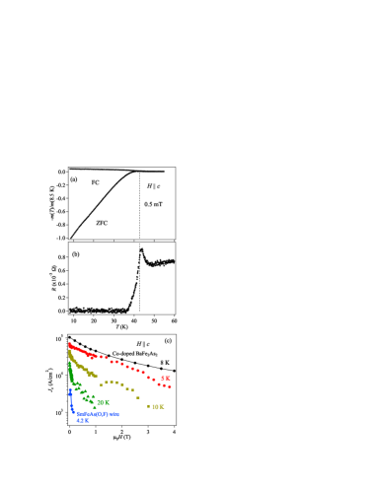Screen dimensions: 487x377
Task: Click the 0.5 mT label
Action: pos(152,204)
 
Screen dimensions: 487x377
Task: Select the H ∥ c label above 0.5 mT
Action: pos(153,186)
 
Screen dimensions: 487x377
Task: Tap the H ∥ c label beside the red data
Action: pos(143,344)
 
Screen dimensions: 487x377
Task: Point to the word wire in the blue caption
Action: pos(114,414)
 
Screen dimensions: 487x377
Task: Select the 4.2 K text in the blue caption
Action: pos(82,420)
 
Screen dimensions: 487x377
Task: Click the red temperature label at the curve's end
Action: pos(166,378)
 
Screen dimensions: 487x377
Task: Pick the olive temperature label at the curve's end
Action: pos(158,406)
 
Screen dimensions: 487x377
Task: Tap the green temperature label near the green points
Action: pos(103,402)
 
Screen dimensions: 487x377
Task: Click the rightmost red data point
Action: pos(169,386)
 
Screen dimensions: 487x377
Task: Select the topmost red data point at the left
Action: pos(70,344)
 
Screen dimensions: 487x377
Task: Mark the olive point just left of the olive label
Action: pos(149,406)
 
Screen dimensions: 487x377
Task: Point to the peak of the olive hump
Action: pos(112,382)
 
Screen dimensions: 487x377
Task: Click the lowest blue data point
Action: pos(73,410)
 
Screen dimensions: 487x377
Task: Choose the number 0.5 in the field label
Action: pos(148,204)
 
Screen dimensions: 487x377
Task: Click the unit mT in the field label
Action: pos(157,204)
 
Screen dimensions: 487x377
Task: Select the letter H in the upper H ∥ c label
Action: pos(149,186)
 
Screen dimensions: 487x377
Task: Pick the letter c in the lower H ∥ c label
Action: pos(147,344)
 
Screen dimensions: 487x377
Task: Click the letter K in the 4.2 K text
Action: pos(86,420)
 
